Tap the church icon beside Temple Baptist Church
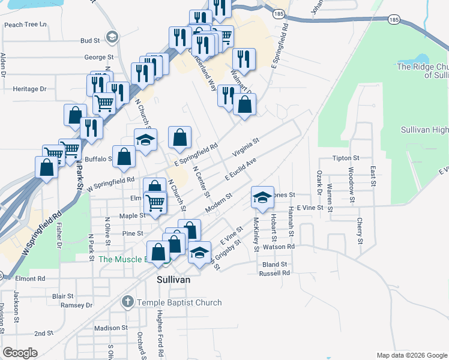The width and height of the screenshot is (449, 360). tap(127, 302)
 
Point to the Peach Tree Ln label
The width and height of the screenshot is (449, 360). tap(25, 25)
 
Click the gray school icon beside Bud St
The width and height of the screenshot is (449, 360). tap(112, 38)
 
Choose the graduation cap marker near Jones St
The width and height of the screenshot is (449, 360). tap(262, 197)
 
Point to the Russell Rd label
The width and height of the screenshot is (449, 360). tap(274, 272)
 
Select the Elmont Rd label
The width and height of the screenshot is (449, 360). tap(30, 279)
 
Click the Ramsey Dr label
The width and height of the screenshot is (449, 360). tap(80, 305)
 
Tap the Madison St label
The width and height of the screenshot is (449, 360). tap(111, 328)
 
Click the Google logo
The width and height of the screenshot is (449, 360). tap(20, 353)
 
